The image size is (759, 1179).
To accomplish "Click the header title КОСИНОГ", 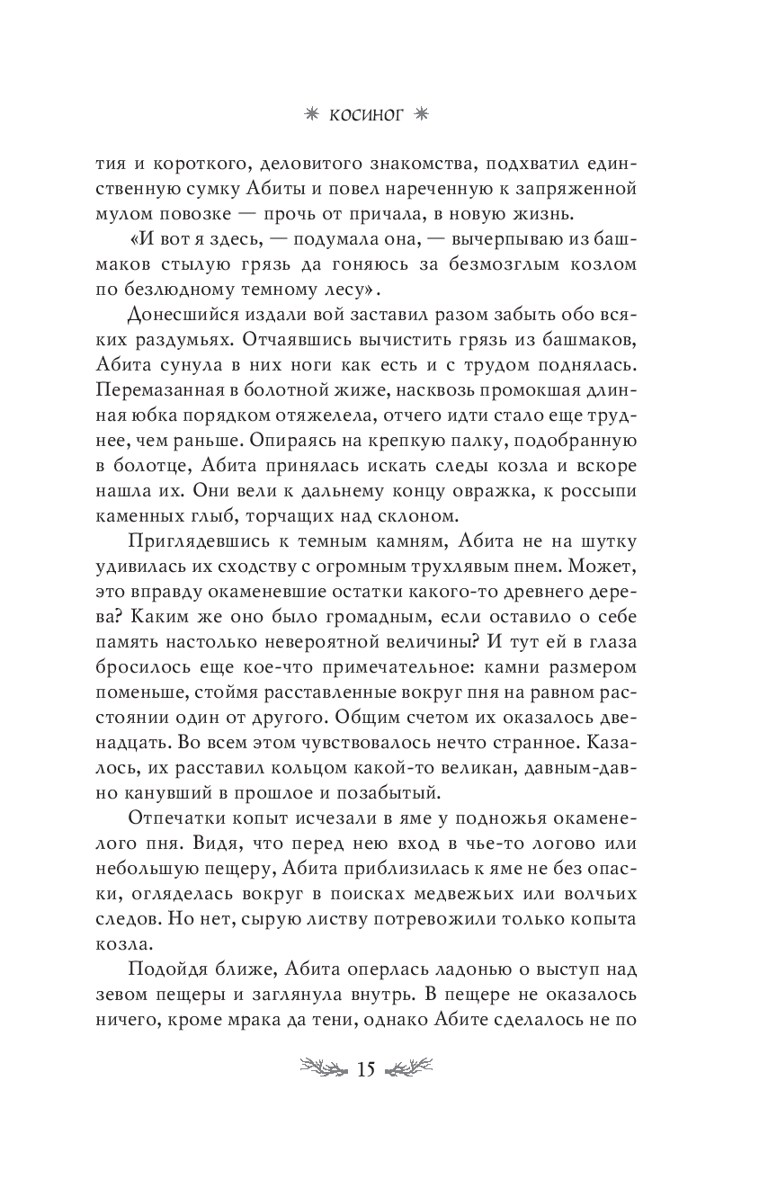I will pos(379,114).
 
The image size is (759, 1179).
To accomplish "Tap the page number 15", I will pos(365,1069).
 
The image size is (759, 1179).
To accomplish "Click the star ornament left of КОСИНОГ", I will pos(312,114).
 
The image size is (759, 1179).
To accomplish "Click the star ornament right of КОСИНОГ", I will pos(447,114).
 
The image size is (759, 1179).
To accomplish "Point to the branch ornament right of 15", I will pos(409,1069).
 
